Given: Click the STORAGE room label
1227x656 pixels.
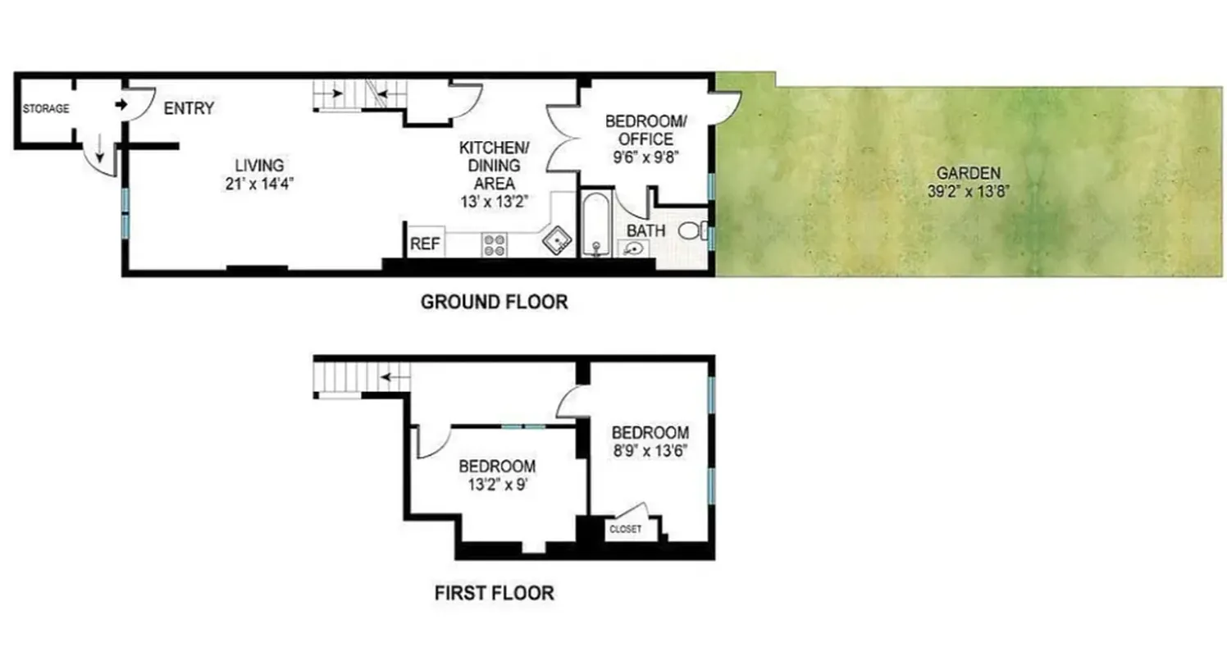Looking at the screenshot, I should click(x=46, y=109).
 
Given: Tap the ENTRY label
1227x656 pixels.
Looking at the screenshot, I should click(x=189, y=108).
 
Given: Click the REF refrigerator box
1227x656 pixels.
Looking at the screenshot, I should click(x=424, y=244).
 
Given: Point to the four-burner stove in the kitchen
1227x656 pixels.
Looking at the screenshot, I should click(x=494, y=244).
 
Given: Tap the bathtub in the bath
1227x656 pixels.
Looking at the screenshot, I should click(x=595, y=224).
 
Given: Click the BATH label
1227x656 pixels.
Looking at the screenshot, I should click(x=645, y=231).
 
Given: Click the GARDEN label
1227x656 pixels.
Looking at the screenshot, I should click(x=968, y=173).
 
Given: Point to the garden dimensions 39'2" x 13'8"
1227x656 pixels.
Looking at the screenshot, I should click(x=968, y=192).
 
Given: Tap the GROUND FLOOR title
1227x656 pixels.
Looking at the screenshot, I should click(x=494, y=302).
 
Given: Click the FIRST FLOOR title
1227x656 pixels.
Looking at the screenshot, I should click(x=494, y=592).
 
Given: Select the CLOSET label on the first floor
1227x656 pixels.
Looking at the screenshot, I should click(x=625, y=529).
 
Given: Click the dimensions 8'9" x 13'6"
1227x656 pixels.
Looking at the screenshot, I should click(x=650, y=449).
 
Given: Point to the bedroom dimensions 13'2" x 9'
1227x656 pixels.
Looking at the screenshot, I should click(x=497, y=483).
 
